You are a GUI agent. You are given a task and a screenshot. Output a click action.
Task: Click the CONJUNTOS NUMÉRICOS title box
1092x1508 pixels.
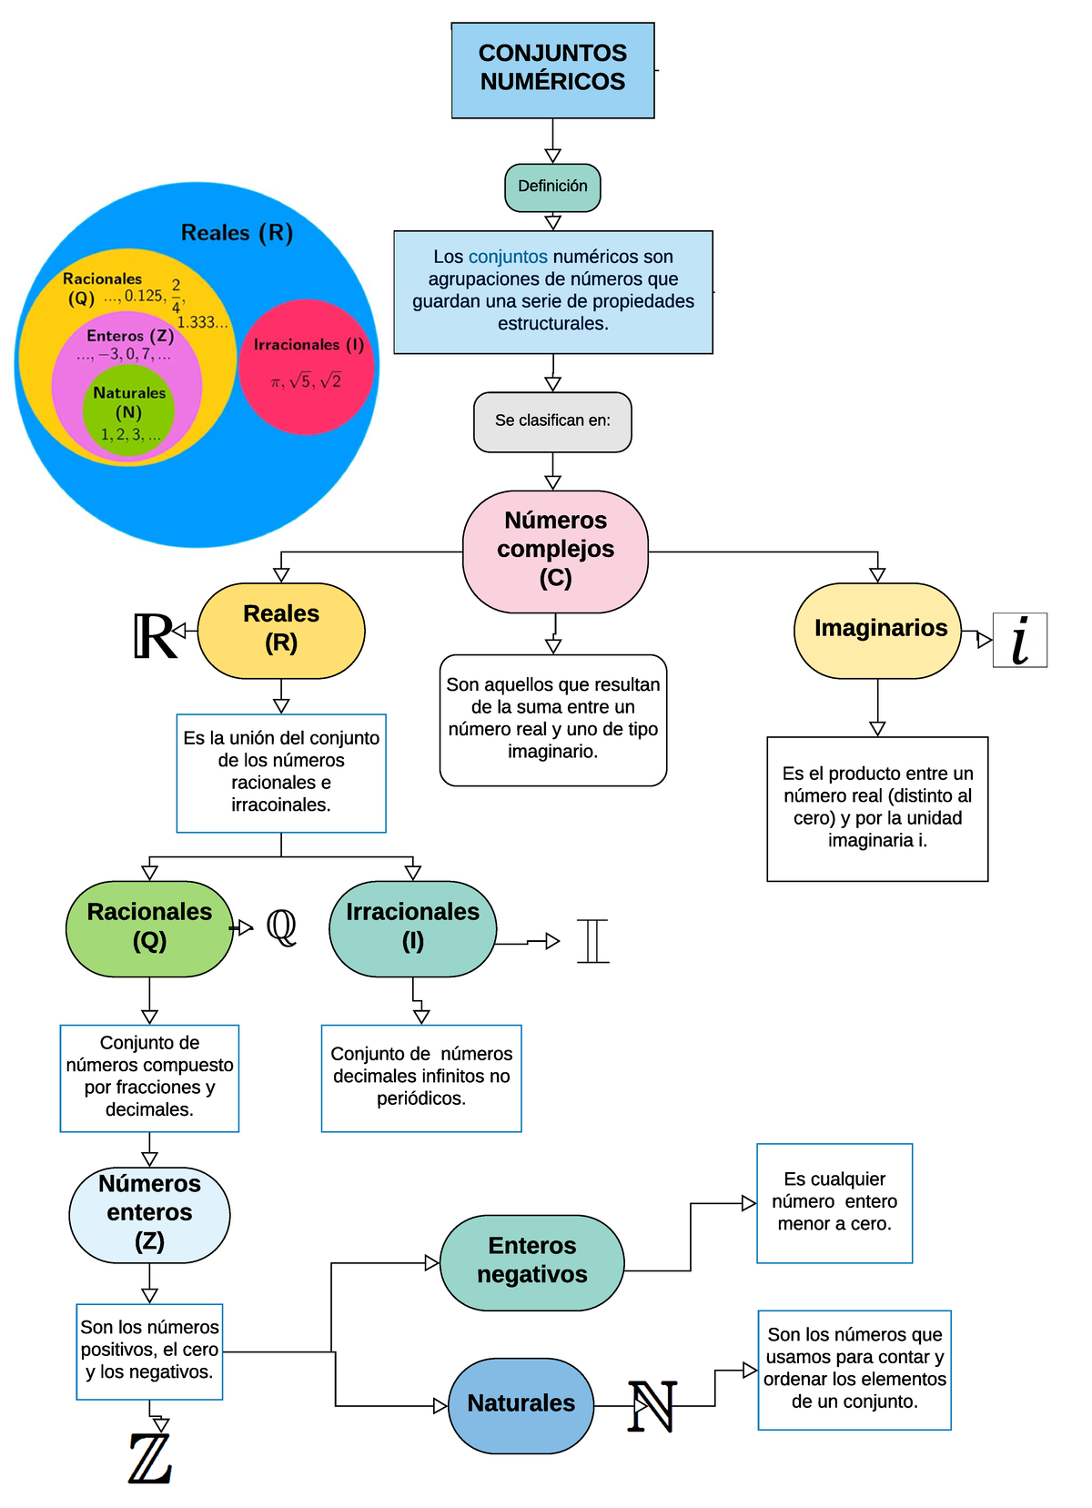coord(552,70)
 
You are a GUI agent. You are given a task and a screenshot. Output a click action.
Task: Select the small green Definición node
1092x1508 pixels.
coord(552,187)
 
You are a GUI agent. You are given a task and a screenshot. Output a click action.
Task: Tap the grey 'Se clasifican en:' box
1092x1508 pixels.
coord(552,421)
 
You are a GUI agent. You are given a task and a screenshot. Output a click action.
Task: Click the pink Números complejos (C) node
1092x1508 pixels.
coord(555,551)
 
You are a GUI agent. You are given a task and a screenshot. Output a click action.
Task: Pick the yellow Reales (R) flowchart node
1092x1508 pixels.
coord(281,630)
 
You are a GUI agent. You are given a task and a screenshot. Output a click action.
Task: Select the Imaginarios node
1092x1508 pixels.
coord(877,630)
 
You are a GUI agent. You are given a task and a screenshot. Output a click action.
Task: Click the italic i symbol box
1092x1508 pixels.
coord(1020,641)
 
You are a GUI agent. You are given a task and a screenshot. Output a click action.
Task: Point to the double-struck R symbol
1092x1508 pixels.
coord(153,636)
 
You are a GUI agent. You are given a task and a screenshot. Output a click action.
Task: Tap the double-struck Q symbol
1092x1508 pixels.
coord(281,927)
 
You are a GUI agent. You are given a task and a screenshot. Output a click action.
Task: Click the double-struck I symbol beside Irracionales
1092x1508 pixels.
coord(592,941)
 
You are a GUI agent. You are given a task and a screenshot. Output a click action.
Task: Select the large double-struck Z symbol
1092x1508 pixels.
coord(150,1459)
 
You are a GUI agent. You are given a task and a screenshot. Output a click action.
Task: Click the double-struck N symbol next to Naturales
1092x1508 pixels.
coord(652,1406)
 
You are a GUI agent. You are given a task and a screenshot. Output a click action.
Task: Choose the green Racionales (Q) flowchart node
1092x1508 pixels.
coord(149,928)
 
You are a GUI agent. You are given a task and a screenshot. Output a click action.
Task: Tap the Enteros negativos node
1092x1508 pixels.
coord(532,1261)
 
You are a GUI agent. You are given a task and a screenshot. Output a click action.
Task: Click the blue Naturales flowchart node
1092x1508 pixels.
coord(521,1404)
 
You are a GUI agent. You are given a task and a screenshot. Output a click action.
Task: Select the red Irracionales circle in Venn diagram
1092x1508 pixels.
coord(308,366)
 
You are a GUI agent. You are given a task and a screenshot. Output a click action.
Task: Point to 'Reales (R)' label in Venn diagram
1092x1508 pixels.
coord(237,233)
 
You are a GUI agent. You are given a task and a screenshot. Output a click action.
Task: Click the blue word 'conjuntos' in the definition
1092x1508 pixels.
coord(508,258)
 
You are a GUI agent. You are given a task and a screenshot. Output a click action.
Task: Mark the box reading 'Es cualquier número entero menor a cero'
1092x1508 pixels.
coord(834,1202)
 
